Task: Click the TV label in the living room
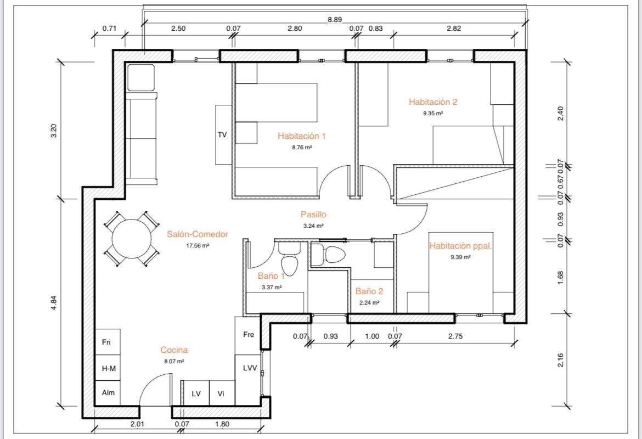click(222, 135)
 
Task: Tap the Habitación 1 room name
click(301, 136)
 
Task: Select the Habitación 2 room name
click(433, 102)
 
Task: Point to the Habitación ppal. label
click(460, 246)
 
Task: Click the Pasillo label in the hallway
click(313, 214)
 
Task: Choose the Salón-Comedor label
click(198, 234)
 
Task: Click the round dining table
click(132, 239)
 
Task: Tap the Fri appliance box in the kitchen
click(108, 342)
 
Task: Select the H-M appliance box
click(108, 368)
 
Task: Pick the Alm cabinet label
click(108, 393)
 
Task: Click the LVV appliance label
click(250, 368)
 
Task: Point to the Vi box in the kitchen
click(222, 393)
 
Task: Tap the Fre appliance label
click(249, 335)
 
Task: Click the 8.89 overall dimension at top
click(335, 19)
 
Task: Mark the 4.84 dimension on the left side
click(54, 303)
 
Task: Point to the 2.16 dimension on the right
click(561, 361)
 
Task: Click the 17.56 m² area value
click(198, 246)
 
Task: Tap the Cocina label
click(174, 350)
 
